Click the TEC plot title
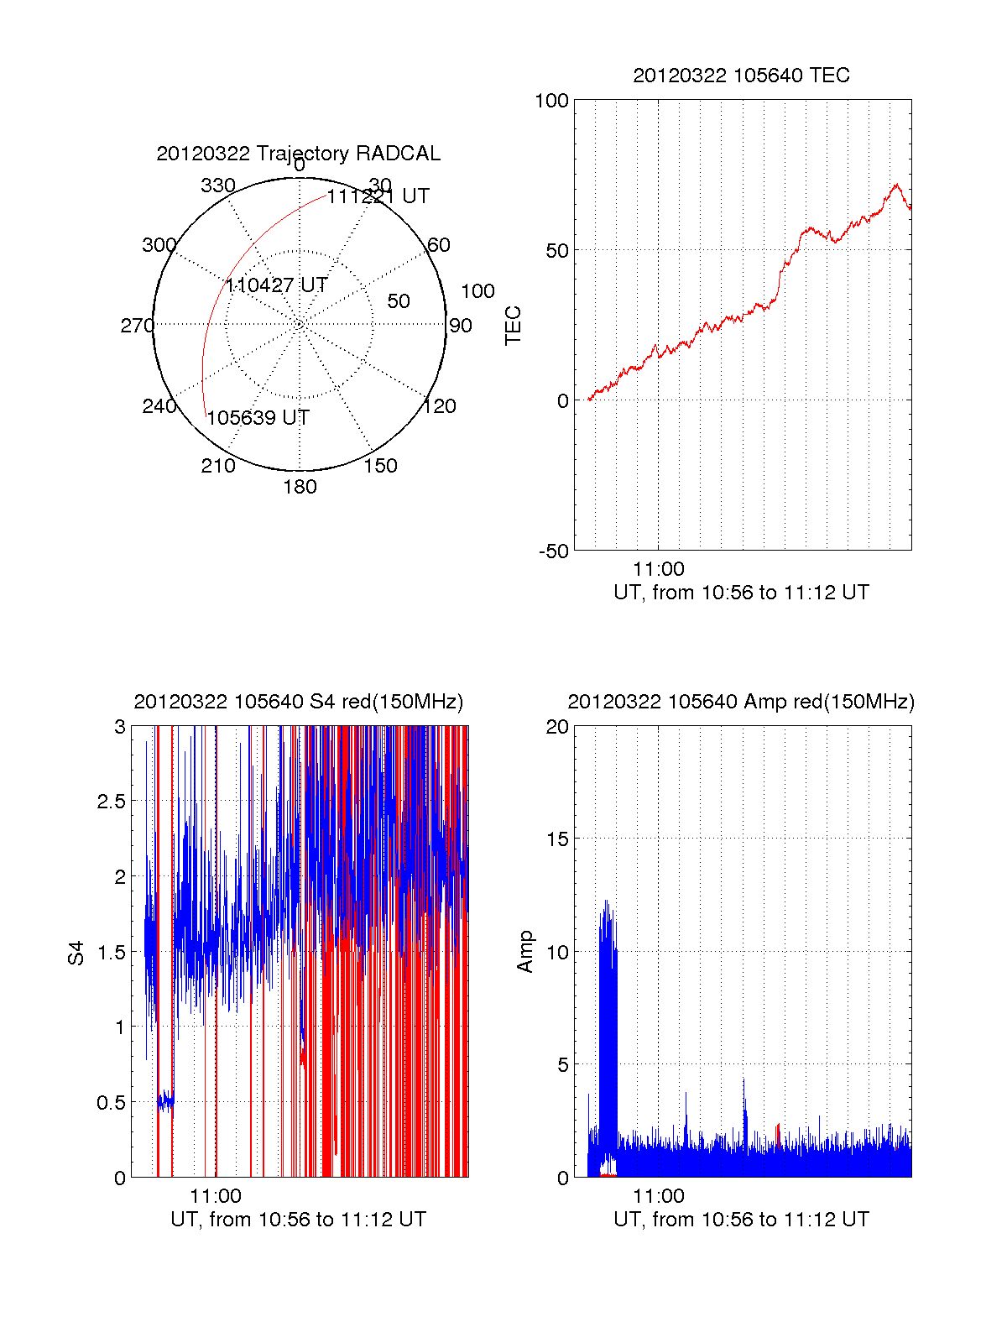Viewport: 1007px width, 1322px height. click(741, 76)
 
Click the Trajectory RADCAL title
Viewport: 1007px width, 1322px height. click(298, 154)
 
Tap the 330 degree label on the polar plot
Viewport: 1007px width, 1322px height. click(218, 185)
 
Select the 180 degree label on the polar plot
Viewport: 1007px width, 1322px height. click(300, 487)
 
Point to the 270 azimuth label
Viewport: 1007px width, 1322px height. click(137, 326)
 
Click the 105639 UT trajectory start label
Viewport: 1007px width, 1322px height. click(258, 418)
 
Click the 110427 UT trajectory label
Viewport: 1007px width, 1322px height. click(276, 285)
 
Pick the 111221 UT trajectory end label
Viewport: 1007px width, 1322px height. click(378, 196)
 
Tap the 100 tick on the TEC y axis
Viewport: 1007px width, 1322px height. click(551, 101)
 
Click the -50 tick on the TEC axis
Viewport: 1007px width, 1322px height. click(554, 551)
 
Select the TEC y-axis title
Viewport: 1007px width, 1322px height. click(513, 326)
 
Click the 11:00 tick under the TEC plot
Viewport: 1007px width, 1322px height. click(659, 569)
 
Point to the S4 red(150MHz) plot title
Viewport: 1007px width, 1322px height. click(298, 702)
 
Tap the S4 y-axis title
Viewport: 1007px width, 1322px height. click(76, 953)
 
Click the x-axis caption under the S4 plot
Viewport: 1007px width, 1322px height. click(298, 1220)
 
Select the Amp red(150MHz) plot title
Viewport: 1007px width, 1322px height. click(741, 702)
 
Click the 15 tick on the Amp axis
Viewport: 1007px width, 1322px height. click(558, 839)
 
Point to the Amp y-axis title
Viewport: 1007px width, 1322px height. click(525, 952)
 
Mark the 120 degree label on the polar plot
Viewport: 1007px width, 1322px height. click(440, 407)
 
